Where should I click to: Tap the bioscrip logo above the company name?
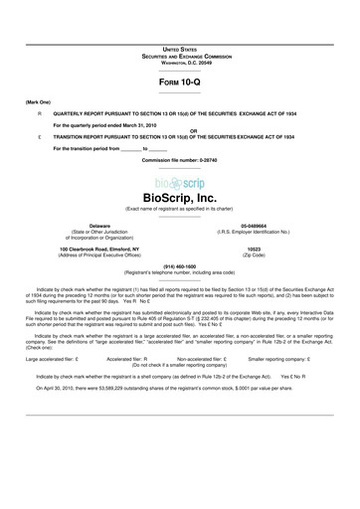179,184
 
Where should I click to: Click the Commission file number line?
179,160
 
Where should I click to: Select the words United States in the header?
179,47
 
